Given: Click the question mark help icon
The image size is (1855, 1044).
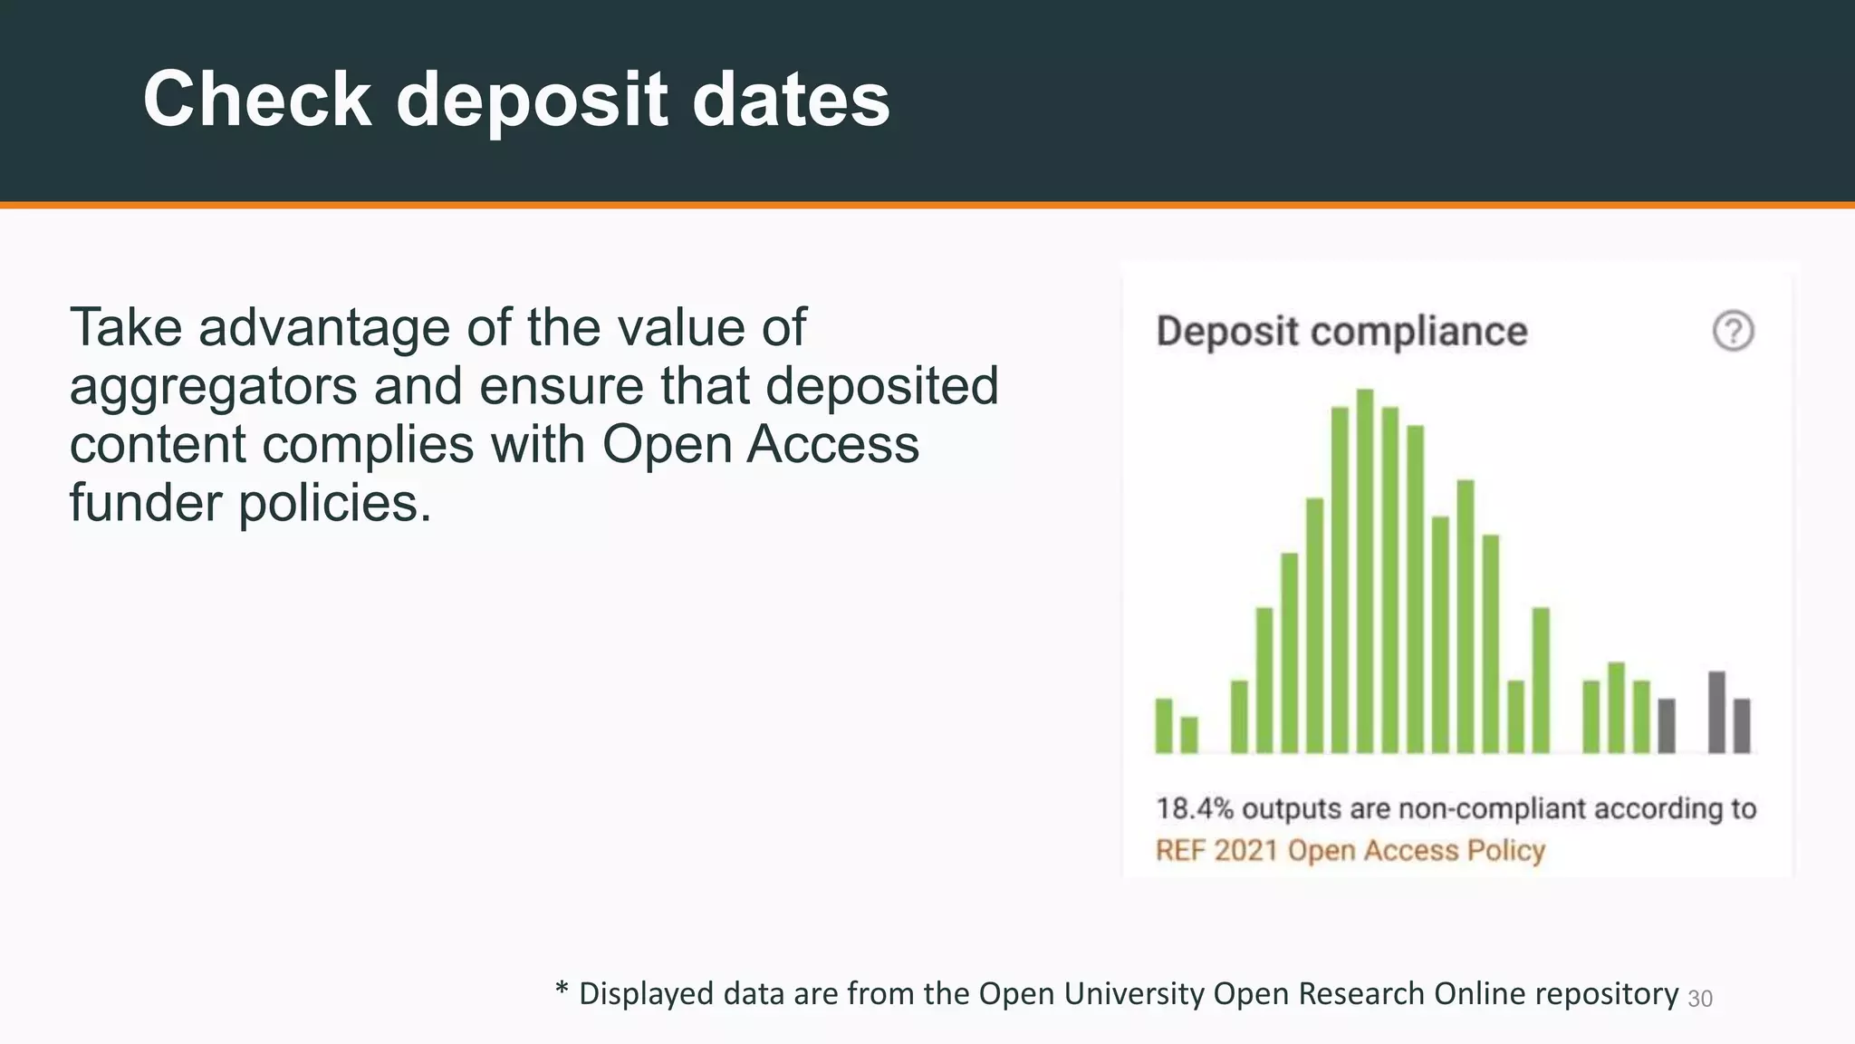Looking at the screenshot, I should [1733, 331].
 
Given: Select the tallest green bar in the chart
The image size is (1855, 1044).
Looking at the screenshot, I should [1365, 571].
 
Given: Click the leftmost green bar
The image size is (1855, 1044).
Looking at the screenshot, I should [1164, 725].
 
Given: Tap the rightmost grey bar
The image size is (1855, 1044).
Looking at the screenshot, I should [1741, 725].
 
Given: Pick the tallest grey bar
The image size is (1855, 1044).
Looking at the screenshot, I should [1716, 712].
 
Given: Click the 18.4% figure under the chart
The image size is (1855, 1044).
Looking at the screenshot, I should [1194, 808].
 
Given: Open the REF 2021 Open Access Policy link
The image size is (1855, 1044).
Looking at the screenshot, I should [1350, 851].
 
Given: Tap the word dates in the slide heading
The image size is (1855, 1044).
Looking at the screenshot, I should [791, 100].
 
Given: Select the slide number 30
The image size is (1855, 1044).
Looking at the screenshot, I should [1700, 999].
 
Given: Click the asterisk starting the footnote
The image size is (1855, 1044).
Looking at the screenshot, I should [562, 990].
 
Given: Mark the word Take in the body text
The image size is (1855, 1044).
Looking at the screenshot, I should [126, 327].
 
